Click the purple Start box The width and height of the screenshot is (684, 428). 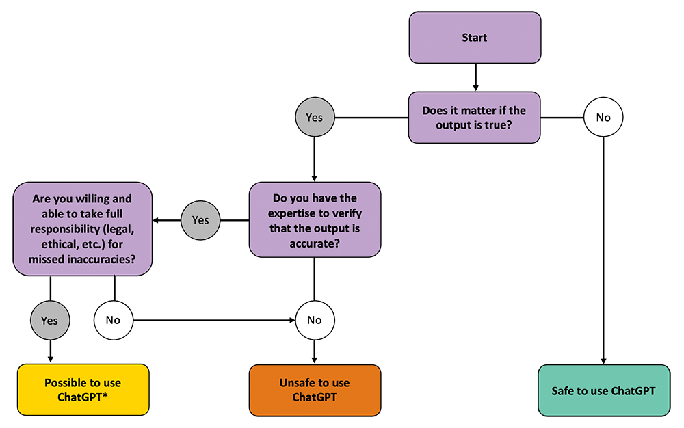(475, 38)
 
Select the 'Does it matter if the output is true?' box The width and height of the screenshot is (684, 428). (474, 117)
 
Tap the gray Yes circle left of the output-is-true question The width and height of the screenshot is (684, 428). (315, 117)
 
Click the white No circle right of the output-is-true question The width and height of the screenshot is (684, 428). (603, 117)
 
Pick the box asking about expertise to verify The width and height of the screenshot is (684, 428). (315, 219)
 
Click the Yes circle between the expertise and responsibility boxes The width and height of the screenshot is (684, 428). (200, 220)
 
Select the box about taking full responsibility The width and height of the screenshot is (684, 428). (83, 229)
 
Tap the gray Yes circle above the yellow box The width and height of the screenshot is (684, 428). (50, 321)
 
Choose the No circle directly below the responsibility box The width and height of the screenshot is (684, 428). (114, 321)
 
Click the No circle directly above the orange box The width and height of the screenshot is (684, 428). (315, 321)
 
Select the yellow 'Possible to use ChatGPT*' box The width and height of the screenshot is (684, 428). (83, 390)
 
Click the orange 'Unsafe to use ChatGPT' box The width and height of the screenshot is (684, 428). (315, 390)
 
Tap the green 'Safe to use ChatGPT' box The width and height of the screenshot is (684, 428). (604, 390)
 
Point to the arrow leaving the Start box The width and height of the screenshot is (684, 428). (475, 77)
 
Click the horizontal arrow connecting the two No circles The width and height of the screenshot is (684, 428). (214, 321)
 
